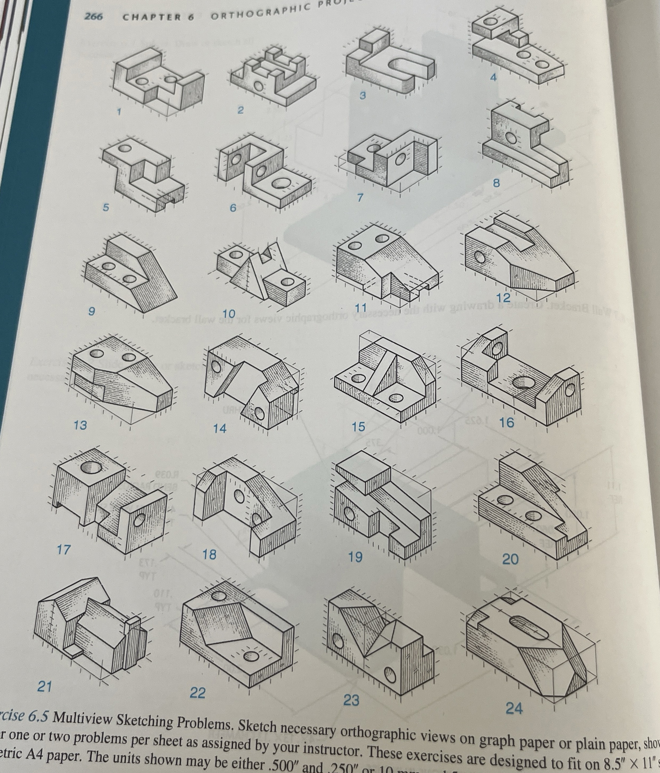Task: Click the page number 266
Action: point(94,16)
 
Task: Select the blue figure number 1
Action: point(119,111)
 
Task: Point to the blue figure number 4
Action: point(494,78)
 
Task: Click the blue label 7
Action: point(360,198)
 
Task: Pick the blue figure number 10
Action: point(229,314)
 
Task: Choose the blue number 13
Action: point(80,425)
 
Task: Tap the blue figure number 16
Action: point(506,423)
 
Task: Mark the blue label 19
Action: point(355,557)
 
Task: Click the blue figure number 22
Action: point(197,693)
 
